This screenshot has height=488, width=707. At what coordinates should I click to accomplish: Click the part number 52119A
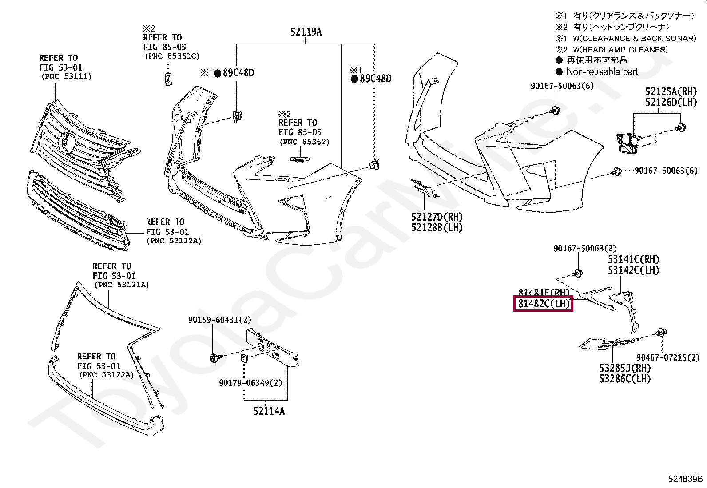pos(306,32)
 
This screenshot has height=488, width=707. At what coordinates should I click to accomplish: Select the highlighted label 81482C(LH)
pos(543,304)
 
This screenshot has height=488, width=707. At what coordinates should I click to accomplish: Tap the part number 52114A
pos(269,411)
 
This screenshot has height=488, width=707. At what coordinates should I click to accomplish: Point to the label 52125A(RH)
pos(671,91)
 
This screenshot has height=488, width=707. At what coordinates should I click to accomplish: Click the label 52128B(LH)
pos(437,228)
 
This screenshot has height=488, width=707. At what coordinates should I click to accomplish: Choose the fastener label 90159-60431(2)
pos(219,320)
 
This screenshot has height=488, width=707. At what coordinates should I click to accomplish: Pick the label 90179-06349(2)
pos(250,383)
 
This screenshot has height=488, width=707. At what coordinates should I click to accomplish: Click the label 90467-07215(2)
pos(667,357)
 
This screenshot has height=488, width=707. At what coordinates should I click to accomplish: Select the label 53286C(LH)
pos(624,379)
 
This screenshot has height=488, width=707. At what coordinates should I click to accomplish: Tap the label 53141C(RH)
pos(633,259)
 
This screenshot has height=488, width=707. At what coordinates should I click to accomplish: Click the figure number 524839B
pos(685,479)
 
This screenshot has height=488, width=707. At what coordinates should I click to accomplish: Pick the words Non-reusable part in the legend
pos(602,72)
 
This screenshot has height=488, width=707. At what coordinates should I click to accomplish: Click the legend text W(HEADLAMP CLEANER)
pos(620,50)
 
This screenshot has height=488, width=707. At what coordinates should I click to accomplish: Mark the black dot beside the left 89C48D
pos(218,74)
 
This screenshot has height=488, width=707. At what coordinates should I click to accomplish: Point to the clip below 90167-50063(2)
pos(578,273)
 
